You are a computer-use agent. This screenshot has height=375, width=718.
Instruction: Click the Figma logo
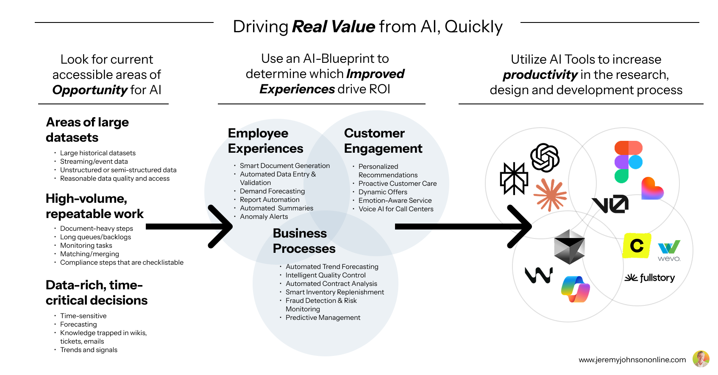(628, 162)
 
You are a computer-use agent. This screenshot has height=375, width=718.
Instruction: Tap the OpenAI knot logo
(545, 158)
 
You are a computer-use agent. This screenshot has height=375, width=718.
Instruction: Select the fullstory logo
(650, 278)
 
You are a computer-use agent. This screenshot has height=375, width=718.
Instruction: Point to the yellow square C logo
(637, 246)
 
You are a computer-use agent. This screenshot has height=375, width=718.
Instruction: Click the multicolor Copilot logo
(575, 289)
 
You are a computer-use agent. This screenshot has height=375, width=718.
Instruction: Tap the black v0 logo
(610, 204)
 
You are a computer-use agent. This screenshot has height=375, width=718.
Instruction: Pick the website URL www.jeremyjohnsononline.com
(632, 360)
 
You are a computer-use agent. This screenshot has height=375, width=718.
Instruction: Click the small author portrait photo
(701, 359)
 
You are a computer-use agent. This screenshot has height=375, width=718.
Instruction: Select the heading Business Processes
(304, 241)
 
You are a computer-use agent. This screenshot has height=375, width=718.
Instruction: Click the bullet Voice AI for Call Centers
(396, 209)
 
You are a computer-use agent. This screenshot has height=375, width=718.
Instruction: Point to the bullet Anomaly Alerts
(264, 217)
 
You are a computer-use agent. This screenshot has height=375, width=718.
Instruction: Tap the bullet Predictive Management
(323, 318)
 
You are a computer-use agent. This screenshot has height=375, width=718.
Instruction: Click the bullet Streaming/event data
(94, 162)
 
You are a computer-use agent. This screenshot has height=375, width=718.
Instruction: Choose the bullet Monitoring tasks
(86, 246)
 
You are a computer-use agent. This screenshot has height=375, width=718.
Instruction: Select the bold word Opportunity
(90, 90)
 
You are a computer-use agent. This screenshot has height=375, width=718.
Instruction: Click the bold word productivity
(540, 75)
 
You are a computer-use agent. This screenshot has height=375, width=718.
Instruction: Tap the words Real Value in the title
(334, 27)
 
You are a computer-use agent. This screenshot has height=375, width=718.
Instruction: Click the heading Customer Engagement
(383, 141)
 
